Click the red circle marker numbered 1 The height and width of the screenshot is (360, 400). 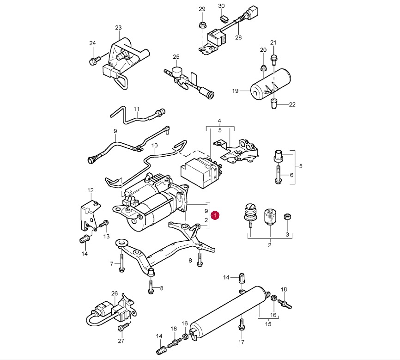click(x=215, y=215)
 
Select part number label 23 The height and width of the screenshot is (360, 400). click(x=118, y=28)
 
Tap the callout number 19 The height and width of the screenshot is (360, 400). click(x=235, y=92)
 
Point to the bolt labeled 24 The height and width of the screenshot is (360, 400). click(x=93, y=60)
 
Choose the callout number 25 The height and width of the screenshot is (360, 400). click(x=176, y=57)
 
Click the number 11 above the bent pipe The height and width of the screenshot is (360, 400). click(x=136, y=109)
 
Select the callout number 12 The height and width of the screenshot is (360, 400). click(x=91, y=190)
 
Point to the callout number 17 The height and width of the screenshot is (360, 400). click(x=241, y=342)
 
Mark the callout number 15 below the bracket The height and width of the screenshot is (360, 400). click(x=267, y=324)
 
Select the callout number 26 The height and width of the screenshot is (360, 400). click(x=115, y=293)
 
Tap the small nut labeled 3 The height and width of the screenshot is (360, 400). click(x=287, y=216)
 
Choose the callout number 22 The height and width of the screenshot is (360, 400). click(x=292, y=105)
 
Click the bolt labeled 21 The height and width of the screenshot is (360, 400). click(x=273, y=57)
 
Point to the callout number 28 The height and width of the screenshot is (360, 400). click(x=238, y=38)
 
